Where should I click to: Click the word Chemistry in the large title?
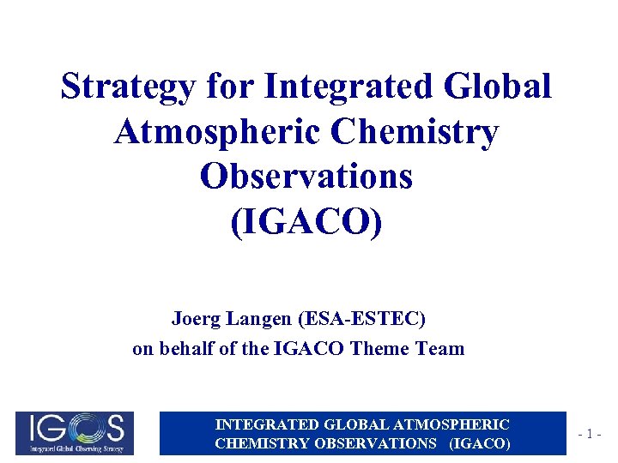pyautogui.click(x=420, y=132)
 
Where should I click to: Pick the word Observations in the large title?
pyautogui.click(x=306, y=177)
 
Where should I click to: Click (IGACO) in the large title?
pyautogui.click(x=306, y=222)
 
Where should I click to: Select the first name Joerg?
pyautogui.click(x=197, y=319)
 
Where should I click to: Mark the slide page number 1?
pyautogui.click(x=592, y=434)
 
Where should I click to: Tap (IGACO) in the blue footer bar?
pyautogui.click(x=479, y=443)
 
